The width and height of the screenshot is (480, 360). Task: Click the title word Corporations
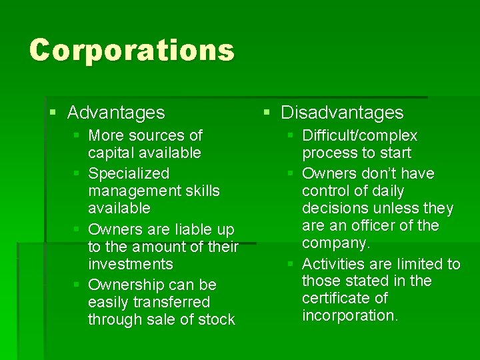pos(132,51)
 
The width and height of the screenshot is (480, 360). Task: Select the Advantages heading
pos(116,113)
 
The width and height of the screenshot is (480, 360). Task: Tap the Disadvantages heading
pos(342,113)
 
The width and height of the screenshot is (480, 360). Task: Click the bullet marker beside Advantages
pos(53,113)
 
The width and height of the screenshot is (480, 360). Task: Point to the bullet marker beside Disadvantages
pos(267,113)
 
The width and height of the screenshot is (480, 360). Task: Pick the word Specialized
pos(129,174)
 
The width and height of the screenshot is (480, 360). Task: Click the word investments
pos(130,265)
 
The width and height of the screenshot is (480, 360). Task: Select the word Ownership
pos(126,285)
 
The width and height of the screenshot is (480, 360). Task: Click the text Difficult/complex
pos(360,136)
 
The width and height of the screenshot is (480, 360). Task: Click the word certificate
pos(335,299)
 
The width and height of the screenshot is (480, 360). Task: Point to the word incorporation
pos(349,316)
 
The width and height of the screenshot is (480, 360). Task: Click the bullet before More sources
pos(77,135)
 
